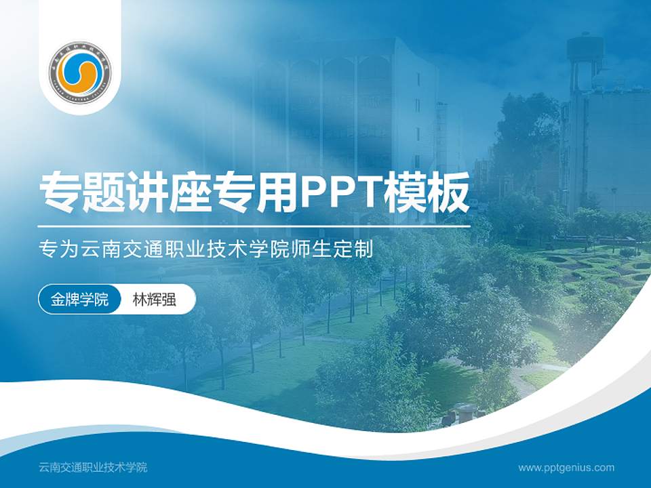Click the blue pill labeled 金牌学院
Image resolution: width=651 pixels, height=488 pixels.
[x=79, y=300]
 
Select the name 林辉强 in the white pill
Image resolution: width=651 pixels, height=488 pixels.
[x=154, y=300]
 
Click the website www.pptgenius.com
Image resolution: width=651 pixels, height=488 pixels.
[x=566, y=468]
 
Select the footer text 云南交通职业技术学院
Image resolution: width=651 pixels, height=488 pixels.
[x=93, y=468]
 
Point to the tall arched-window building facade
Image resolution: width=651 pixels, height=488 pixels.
[x=339, y=108]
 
